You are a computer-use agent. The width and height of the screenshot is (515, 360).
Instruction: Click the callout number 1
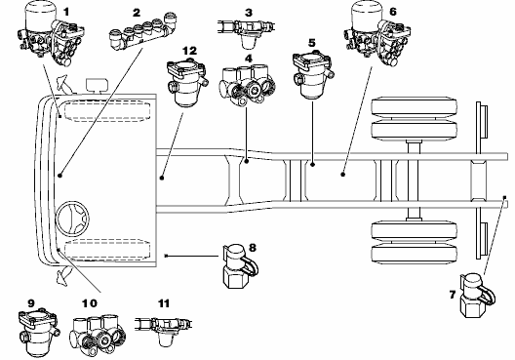[66, 12]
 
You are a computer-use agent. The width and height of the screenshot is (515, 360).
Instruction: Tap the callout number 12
[189, 51]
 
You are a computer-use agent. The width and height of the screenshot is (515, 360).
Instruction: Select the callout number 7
[453, 295]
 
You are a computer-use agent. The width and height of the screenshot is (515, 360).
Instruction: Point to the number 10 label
[90, 303]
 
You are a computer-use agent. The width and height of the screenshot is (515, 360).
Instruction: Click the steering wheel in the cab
[73, 219]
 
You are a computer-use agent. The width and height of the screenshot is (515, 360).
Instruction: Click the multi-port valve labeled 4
[247, 85]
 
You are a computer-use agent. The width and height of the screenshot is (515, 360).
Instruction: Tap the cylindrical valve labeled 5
[313, 74]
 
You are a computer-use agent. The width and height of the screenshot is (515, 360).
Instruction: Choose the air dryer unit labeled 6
[376, 33]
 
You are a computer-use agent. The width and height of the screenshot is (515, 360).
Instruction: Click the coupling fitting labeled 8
[239, 265]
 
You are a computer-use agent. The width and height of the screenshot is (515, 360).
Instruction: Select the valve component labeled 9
[39, 333]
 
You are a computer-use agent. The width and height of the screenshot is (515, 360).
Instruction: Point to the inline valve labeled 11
[164, 329]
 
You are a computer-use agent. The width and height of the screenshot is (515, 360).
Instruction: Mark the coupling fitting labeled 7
[477, 296]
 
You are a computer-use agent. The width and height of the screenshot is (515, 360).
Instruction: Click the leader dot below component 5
[313, 164]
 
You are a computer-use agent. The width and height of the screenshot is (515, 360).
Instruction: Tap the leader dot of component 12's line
[162, 178]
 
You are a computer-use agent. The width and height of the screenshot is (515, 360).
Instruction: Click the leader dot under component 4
[247, 161]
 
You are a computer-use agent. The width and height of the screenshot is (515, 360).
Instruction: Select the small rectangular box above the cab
[97, 85]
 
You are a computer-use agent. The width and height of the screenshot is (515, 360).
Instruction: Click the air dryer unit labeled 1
[50, 33]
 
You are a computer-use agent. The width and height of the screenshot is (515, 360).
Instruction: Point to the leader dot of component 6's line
[343, 175]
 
